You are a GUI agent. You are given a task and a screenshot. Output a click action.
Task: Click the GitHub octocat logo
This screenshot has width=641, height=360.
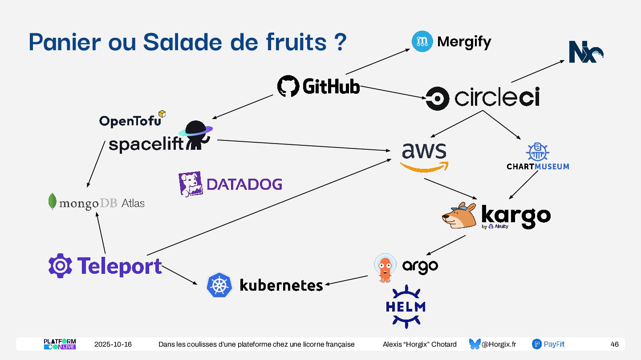(x=288, y=86)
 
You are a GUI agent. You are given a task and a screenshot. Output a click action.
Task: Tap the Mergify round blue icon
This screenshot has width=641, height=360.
(x=422, y=42)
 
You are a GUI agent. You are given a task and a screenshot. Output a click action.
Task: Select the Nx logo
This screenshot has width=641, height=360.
(x=585, y=52)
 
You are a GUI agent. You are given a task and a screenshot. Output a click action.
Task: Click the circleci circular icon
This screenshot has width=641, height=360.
(x=437, y=98)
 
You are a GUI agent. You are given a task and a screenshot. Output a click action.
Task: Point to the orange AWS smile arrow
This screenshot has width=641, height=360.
(x=424, y=167)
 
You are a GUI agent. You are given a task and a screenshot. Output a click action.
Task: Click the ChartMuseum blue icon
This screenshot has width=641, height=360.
(x=537, y=152)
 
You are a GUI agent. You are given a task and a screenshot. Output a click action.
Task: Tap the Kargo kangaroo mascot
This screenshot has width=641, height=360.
(x=459, y=215)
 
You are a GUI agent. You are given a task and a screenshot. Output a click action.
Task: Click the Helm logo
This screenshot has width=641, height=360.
(x=406, y=307)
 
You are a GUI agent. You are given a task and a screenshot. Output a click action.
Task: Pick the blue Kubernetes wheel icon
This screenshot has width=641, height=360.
(x=219, y=285)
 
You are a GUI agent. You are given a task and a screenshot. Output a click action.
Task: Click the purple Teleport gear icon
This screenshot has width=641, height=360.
(x=60, y=266)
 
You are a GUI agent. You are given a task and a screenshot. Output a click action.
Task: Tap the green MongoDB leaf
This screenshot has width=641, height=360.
(x=53, y=202)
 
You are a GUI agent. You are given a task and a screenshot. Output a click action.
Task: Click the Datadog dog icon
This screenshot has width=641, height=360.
(x=190, y=184)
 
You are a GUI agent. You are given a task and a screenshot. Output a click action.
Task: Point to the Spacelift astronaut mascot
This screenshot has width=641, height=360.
(x=195, y=135)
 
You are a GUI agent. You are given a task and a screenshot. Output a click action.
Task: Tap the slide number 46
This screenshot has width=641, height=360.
(x=614, y=344)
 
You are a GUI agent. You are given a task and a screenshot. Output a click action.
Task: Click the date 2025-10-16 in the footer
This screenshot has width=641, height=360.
(x=113, y=344)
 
